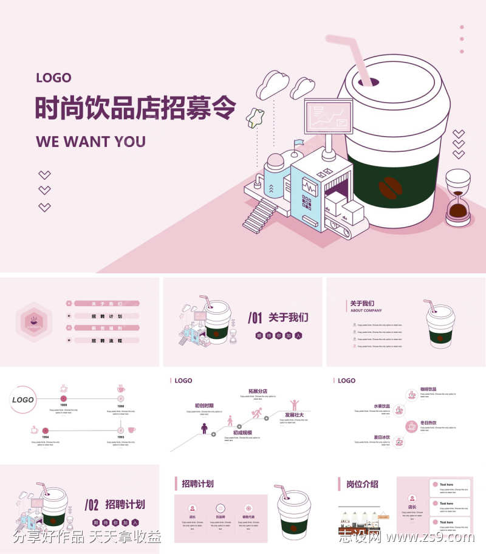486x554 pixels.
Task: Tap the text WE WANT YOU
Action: [91, 142]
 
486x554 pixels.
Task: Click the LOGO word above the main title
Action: [53, 78]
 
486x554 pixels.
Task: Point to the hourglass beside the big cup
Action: [458, 198]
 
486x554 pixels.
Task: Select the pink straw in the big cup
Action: [355, 58]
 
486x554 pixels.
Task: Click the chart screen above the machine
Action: [328, 116]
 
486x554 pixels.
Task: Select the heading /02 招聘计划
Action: [115, 504]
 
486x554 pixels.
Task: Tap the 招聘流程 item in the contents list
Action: [107, 341]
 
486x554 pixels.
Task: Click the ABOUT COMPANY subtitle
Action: [366, 310]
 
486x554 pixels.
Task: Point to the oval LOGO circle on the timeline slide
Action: [23, 400]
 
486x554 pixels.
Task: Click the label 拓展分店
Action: [258, 391]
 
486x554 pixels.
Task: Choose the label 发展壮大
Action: [294, 415]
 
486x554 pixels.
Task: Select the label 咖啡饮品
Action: [428, 389]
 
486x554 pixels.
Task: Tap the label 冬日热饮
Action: [428, 422]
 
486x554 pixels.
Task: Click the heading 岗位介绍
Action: [362, 484]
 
